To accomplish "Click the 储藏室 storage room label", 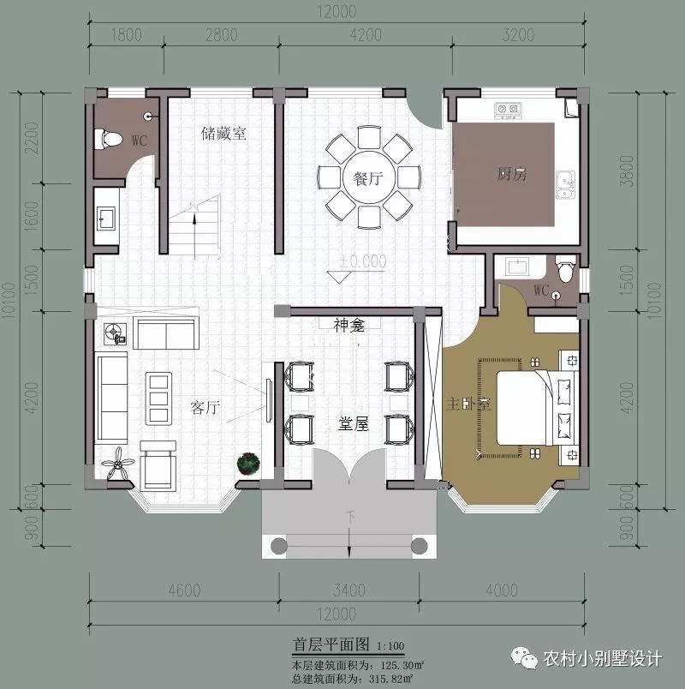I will pos(223,134).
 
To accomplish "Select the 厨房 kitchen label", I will pos(511,175).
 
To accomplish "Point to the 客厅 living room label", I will pos(205,408).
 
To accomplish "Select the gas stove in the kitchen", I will pos(509,110).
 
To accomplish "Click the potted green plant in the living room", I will pos(247,464).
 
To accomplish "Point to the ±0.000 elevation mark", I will pos(362,261).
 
